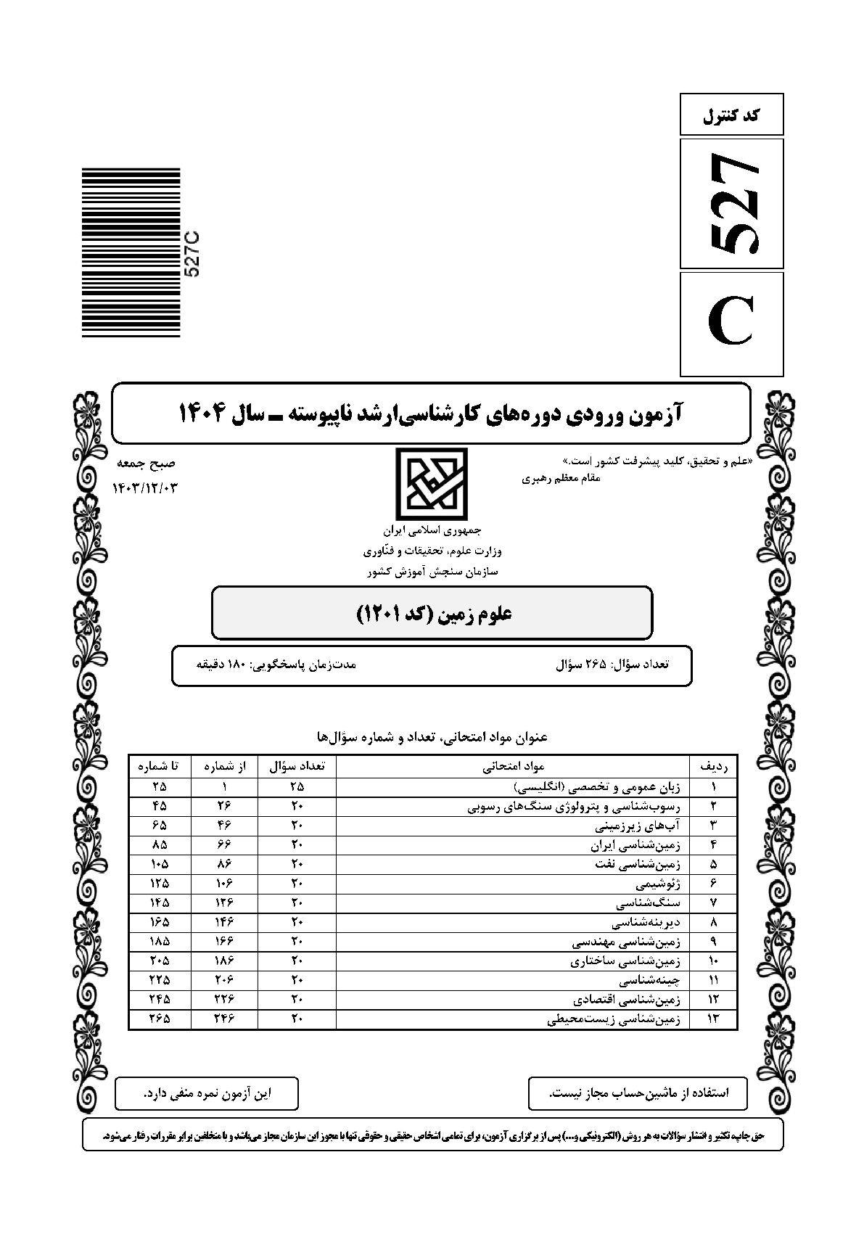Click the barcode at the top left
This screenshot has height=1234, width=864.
pyautogui.click(x=131, y=252)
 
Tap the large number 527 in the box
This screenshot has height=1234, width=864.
pyautogui.click(x=731, y=204)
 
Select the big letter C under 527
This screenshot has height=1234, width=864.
pyautogui.click(x=731, y=324)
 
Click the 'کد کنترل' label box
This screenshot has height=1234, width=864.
pyautogui.click(x=731, y=114)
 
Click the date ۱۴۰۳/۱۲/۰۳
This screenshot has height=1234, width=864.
pyautogui.click(x=145, y=488)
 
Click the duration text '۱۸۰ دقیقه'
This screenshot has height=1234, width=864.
pyautogui.click(x=276, y=663)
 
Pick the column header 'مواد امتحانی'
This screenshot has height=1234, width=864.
pyautogui.click(x=513, y=766)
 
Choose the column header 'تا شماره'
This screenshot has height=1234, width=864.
pyautogui.click(x=160, y=766)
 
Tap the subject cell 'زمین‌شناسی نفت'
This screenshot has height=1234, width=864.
pyautogui.click(x=629, y=864)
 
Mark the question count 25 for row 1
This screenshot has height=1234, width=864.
pyautogui.click(x=297, y=786)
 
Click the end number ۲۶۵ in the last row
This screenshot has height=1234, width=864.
pyautogui.click(x=160, y=1019)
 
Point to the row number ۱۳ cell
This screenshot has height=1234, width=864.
pyautogui.click(x=712, y=1019)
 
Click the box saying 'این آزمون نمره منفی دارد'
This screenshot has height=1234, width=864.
pyautogui.click(x=207, y=1093)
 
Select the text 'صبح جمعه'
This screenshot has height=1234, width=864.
pyautogui.click(x=151, y=464)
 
